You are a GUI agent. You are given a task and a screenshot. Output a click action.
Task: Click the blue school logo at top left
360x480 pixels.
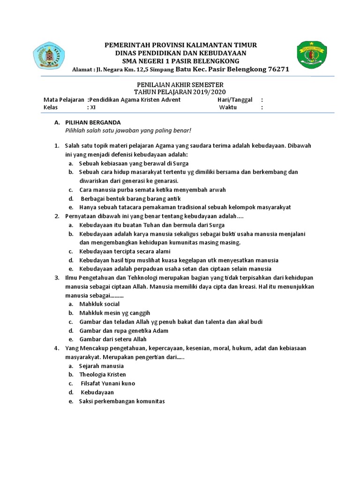(x=49, y=55)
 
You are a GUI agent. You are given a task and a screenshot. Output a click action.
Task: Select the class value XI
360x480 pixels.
(x=93, y=107)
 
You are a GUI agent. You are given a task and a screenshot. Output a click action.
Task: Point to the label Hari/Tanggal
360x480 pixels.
(x=235, y=100)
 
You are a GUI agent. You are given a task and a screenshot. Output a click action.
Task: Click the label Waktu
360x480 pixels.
(x=228, y=107)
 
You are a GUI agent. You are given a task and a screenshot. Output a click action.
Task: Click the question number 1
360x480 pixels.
(x=56, y=146)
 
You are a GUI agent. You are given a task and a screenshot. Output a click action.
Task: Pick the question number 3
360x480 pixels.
(x=56, y=277)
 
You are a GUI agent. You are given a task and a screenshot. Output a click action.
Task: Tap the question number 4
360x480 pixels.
(x=56, y=348)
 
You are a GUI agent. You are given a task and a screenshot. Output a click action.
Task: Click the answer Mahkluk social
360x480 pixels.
(x=99, y=304)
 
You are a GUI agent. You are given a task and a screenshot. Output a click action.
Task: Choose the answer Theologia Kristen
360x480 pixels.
(x=103, y=375)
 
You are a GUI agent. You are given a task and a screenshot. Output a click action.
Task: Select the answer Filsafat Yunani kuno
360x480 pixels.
(x=108, y=383)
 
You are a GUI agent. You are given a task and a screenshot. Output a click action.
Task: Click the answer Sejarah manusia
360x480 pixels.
(x=101, y=366)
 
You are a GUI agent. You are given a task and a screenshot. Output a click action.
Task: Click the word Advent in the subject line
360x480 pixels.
(x=171, y=100)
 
